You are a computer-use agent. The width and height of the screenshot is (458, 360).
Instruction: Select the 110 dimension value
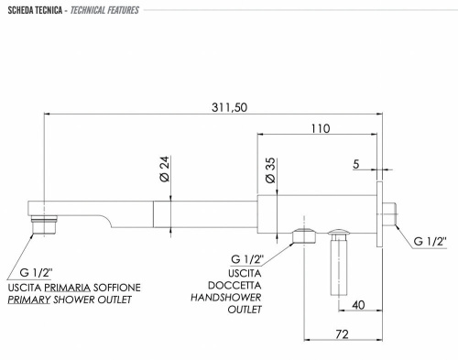320,128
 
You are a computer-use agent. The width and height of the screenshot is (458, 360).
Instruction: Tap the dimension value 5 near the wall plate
357,165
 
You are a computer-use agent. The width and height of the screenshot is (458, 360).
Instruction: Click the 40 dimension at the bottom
358,304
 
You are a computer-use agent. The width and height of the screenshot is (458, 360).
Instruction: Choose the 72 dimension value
340,336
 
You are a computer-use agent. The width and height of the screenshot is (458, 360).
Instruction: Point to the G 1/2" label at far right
429,240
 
